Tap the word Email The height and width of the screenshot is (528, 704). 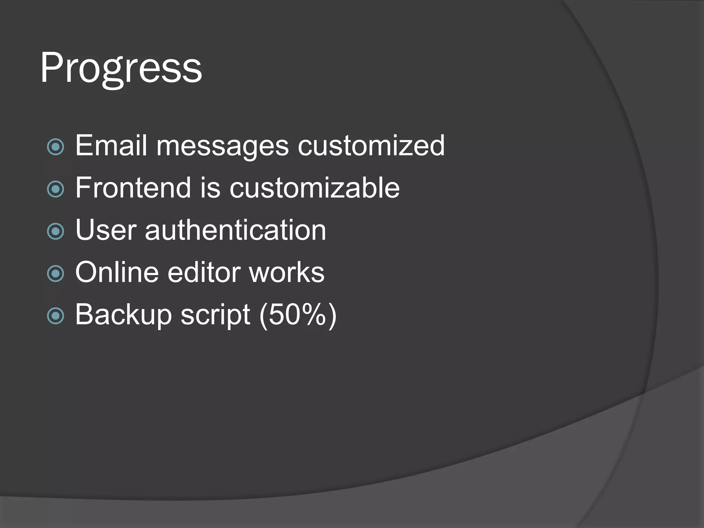point(111,145)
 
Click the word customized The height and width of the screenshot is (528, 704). point(371,145)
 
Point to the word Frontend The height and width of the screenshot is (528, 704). point(133,188)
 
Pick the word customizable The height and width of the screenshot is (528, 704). point(315,188)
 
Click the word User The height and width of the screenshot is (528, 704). point(106,230)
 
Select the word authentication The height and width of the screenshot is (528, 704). point(235,230)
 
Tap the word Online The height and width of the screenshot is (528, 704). point(117,272)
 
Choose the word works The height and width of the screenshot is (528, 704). point(287,272)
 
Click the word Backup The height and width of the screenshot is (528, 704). point(123,315)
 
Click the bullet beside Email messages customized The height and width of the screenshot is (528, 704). point(56,147)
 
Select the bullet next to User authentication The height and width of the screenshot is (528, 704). point(56,232)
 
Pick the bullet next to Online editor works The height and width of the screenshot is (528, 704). point(56,274)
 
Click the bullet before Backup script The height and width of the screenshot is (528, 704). point(56,316)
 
